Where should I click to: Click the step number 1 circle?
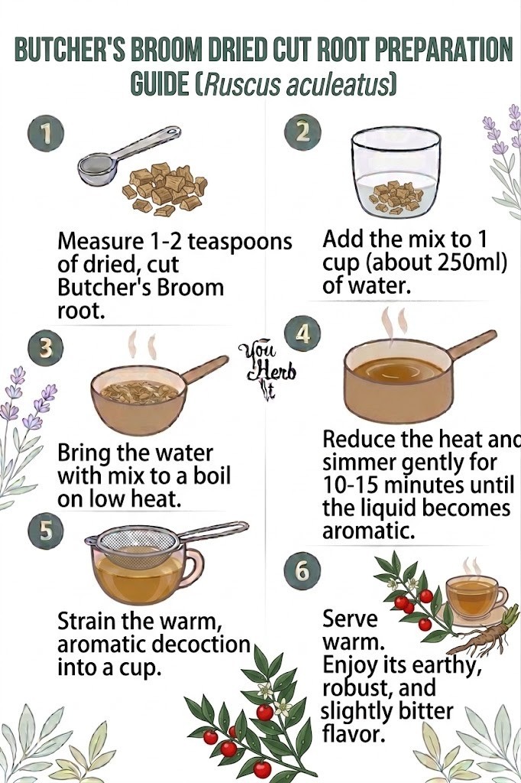point(46,134)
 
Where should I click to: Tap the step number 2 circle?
point(303,132)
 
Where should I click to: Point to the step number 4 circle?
point(303,334)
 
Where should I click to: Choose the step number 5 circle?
point(46,531)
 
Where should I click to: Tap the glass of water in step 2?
point(396,172)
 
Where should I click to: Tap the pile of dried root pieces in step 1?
point(165,190)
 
